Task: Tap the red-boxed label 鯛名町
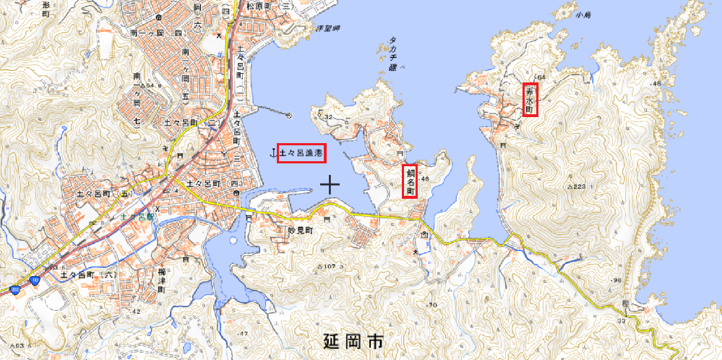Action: click(x=410, y=181)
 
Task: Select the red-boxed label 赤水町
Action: click(x=531, y=100)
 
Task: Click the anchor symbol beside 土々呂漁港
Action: click(x=272, y=153)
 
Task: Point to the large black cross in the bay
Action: click(x=330, y=184)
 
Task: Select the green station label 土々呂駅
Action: click(x=138, y=215)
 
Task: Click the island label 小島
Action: click(x=583, y=14)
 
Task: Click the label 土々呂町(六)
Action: click(x=88, y=275)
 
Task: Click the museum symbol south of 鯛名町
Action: click(x=424, y=236)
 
